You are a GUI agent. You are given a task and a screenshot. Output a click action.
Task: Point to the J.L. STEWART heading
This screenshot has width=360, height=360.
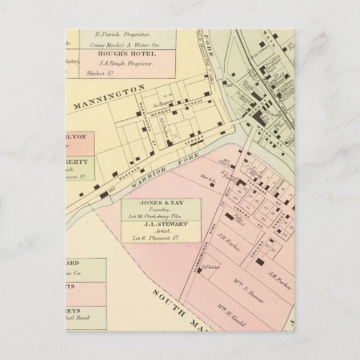click(x=162, y=225)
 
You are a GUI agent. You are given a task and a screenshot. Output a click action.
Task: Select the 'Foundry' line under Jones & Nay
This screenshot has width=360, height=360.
click(x=162, y=210)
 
